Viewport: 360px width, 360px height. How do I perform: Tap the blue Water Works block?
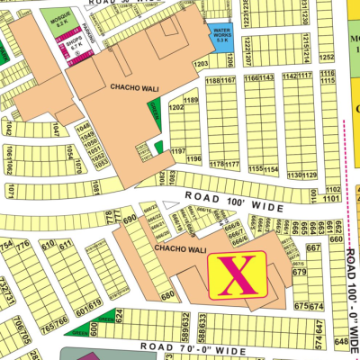pos(221,37)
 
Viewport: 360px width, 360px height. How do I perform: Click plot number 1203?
pos(201,64)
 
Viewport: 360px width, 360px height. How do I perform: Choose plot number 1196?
pos(193,159)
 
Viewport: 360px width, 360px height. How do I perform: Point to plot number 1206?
pos(230,61)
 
